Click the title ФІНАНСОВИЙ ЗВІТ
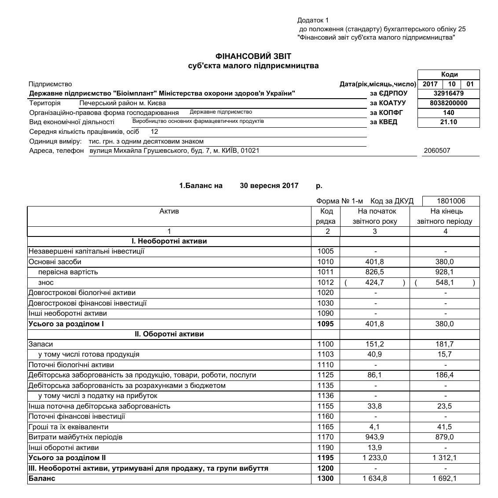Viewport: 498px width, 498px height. click(253, 56)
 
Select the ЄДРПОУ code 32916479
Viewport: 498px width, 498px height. click(448, 93)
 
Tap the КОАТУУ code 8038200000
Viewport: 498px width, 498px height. click(448, 103)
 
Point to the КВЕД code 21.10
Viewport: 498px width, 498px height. click(448, 122)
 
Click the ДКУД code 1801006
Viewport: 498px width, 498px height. click(451, 201)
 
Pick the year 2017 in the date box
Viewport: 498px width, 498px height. click(430, 84)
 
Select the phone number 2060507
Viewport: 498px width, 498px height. click(437, 151)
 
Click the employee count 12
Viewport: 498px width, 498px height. click(154, 132)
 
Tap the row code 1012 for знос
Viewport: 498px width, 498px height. click(326, 283)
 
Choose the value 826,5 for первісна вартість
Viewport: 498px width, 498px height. click(374, 272)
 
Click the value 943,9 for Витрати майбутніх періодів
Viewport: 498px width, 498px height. click(374, 437)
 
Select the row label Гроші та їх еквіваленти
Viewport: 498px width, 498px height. click(68, 427)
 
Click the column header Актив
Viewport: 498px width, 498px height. click(169, 211)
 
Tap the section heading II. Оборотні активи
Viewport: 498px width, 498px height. click(169, 334)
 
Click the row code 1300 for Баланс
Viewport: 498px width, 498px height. click(326, 479)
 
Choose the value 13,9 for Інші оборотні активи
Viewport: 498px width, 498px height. click(374, 448)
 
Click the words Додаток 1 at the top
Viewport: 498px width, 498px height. click(313, 20)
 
